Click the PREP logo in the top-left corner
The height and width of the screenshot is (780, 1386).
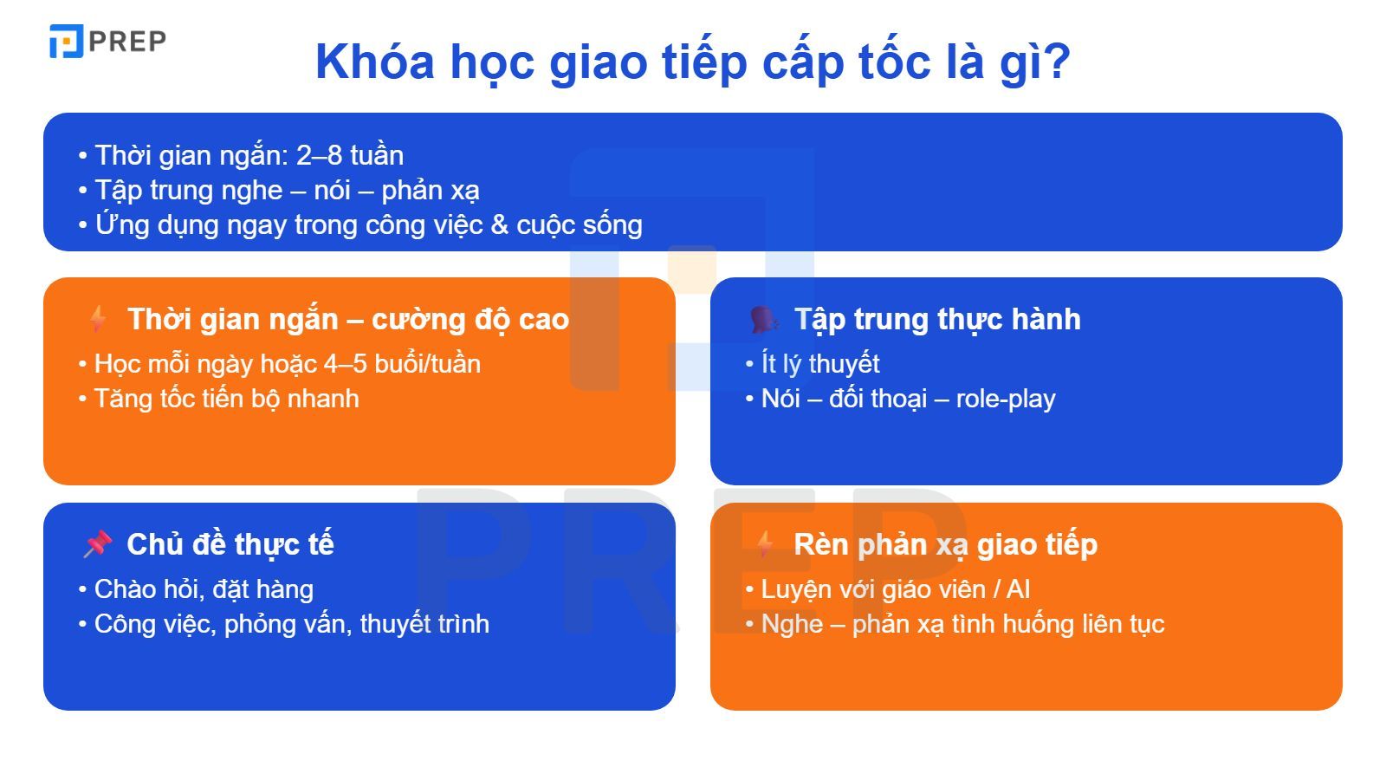click(107, 42)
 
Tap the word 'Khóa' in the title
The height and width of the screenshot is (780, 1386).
click(374, 62)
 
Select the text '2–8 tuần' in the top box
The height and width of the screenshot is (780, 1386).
click(350, 155)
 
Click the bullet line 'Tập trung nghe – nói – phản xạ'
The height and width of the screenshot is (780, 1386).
click(287, 190)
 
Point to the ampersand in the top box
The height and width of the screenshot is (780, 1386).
click(499, 225)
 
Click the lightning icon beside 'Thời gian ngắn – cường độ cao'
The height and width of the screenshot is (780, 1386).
click(98, 319)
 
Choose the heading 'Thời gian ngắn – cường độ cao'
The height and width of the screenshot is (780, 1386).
click(348, 319)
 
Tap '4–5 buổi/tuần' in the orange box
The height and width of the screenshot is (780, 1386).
click(402, 364)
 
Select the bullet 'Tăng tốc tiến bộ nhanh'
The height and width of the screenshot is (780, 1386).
click(226, 399)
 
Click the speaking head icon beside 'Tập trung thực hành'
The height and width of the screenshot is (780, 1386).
click(763, 319)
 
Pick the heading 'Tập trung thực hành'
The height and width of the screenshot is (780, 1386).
click(937, 319)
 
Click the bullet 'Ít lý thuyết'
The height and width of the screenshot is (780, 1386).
click(820, 364)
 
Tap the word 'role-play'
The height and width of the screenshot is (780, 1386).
click(1006, 399)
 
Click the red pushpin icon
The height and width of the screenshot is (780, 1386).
click(98, 544)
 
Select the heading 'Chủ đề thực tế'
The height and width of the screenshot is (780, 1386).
click(230, 544)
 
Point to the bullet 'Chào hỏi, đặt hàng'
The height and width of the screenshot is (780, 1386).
click(204, 589)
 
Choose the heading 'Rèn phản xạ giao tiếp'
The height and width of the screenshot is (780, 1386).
click(945, 544)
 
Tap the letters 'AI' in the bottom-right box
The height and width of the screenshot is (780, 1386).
click(1018, 589)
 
